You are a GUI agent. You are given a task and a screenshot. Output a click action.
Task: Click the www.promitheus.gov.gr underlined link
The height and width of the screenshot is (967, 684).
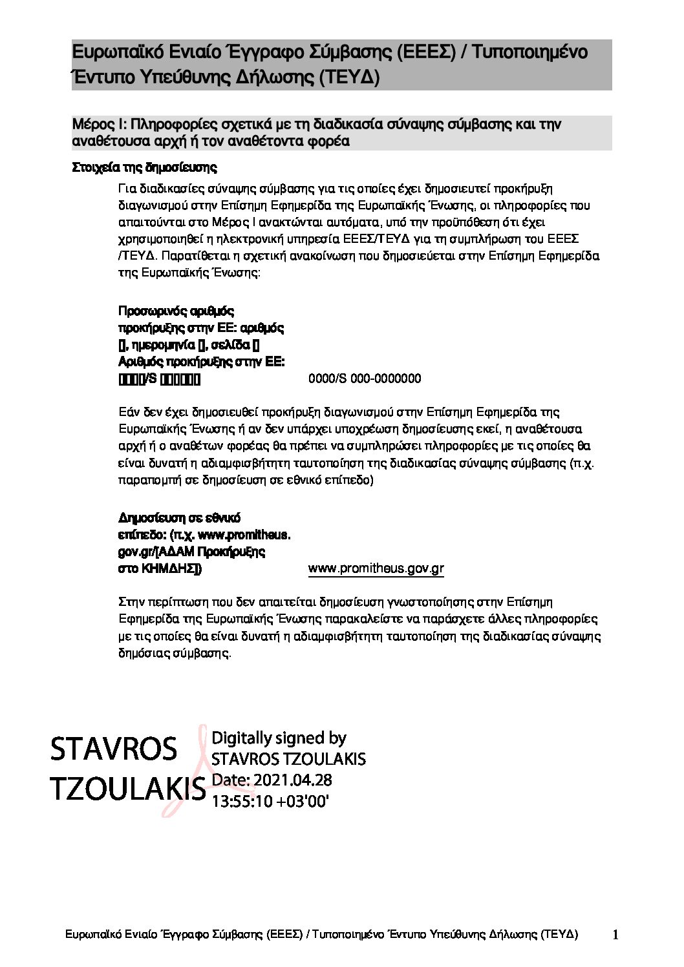tap(376, 568)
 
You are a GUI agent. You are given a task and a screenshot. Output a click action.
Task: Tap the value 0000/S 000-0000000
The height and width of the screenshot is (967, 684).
tap(365, 379)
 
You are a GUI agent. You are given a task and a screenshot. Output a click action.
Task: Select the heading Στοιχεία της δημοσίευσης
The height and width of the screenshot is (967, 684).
tap(144, 168)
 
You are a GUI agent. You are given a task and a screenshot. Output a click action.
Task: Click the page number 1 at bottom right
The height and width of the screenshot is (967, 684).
tap(615, 935)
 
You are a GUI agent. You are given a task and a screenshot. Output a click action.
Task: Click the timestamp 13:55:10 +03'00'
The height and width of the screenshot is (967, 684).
tap(271, 802)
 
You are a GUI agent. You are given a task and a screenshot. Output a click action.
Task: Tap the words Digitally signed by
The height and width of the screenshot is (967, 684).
tap(279, 738)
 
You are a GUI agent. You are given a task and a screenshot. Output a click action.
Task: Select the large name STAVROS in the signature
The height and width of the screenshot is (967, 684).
tap(113, 749)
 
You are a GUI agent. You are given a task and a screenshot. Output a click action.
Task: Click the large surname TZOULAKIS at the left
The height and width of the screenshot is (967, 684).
tap(127, 788)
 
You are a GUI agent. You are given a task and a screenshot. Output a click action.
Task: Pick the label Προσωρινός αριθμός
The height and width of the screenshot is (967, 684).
tap(176, 311)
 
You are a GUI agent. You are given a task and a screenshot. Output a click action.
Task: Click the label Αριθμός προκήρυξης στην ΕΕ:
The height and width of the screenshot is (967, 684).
tap(201, 362)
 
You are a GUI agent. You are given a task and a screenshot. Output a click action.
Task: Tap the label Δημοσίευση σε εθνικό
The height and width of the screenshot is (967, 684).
tap(180, 518)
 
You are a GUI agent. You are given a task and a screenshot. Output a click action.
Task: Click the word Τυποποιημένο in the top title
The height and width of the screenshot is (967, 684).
tap(530, 52)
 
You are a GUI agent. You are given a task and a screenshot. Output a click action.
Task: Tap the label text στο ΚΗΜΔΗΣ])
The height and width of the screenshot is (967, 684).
tap(160, 569)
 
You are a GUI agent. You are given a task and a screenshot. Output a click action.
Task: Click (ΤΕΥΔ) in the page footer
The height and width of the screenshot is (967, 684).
tap(561, 935)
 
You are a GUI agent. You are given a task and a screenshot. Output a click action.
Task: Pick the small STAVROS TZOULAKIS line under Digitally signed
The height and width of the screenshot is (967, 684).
tap(288, 758)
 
